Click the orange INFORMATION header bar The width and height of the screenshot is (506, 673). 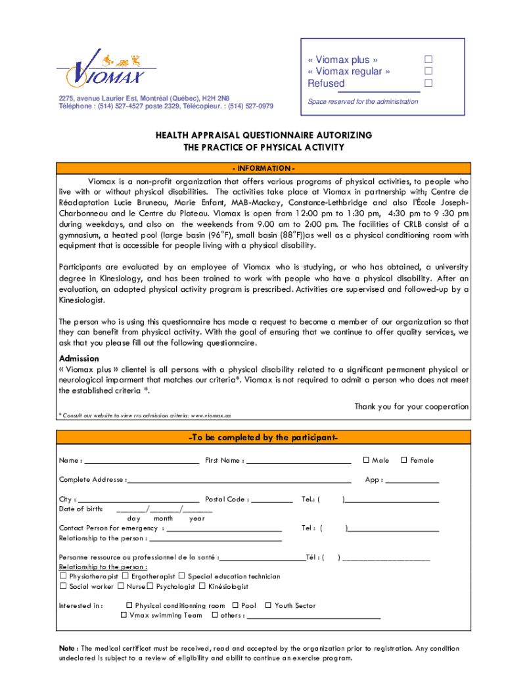[x=263, y=168]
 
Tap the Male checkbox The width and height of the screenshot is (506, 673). [x=366, y=460]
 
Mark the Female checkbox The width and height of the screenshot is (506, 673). [x=404, y=460]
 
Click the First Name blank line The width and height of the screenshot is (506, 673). [x=298, y=463]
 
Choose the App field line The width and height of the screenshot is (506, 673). [x=412, y=482]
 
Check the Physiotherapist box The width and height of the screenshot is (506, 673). [x=63, y=576]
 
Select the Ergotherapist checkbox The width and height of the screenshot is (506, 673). [x=125, y=576]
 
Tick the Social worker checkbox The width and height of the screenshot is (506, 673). [x=63, y=586]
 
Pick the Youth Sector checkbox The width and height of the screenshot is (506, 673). [x=268, y=605]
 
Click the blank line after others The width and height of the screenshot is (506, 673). [x=313, y=618]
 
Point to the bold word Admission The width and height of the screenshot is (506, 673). [x=79, y=359]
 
